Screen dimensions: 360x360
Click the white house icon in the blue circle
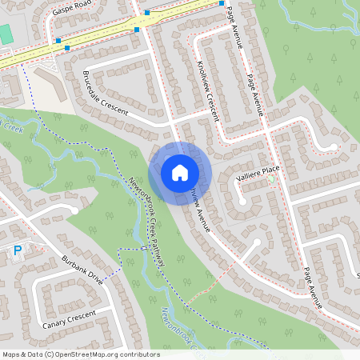[180, 172]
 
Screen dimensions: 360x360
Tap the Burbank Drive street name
[82, 270]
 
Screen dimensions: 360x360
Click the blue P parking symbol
[18, 250]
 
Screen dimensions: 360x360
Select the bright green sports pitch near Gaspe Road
[5, 34]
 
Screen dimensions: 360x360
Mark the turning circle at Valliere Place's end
[238, 191]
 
